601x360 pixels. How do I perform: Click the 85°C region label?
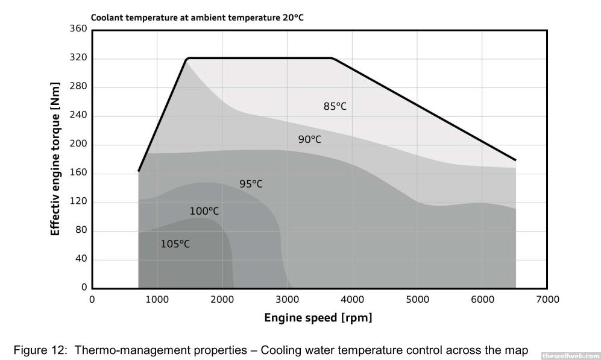(x=335, y=107)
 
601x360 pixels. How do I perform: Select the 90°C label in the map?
(x=309, y=140)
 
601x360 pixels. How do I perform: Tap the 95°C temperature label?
(x=251, y=184)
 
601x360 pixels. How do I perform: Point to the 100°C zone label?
(x=204, y=212)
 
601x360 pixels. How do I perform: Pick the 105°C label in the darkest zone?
(x=175, y=244)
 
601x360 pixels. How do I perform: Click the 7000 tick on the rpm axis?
(x=547, y=299)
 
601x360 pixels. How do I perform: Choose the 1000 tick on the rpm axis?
(x=157, y=299)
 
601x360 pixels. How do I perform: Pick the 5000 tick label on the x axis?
(x=417, y=299)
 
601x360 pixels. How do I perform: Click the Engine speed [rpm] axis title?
(x=318, y=318)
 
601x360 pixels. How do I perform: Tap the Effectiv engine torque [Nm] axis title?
(x=55, y=159)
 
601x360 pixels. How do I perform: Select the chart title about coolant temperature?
(x=197, y=17)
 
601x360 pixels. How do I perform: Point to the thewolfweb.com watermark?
(x=570, y=356)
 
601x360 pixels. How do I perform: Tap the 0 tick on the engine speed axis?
(x=92, y=299)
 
